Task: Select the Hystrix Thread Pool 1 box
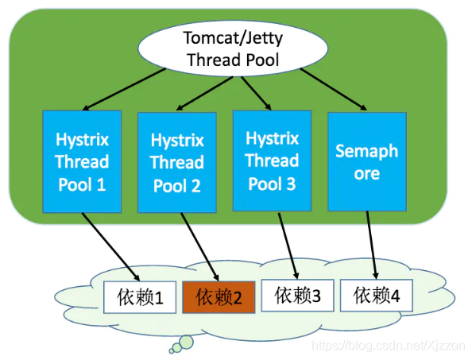coord(82,161)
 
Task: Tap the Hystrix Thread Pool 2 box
coord(176,162)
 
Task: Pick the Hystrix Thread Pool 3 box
coord(272,161)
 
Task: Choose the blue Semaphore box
coord(366,161)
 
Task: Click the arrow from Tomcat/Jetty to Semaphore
coord(334,89)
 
